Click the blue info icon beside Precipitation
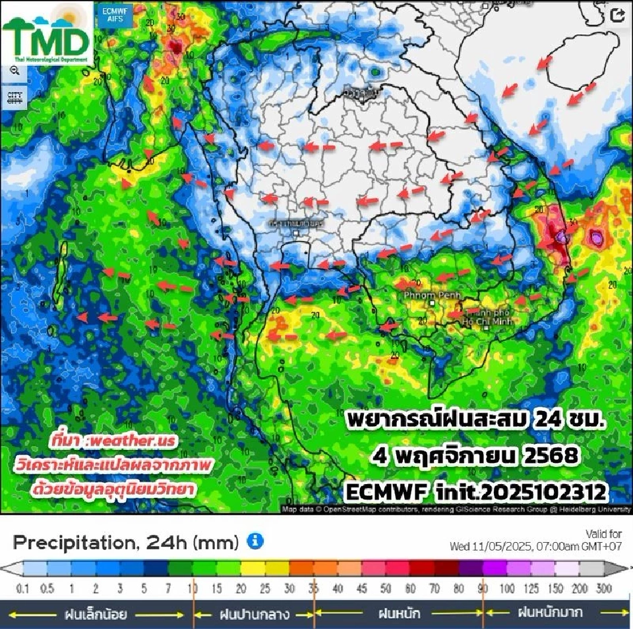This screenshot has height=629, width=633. click(x=255, y=541)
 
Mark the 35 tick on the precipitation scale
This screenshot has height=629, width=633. click(x=314, y=588)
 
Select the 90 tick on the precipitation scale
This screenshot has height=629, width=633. click(x=483, y=588)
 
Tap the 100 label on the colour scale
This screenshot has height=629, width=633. click(x=507, y=588)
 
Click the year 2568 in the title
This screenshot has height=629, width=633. click(x=555, y=455)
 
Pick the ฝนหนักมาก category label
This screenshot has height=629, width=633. click(x=550, y=613)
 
